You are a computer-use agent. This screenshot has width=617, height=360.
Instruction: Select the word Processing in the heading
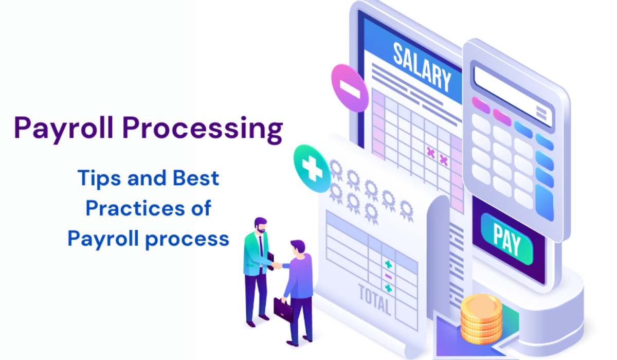click(203, 130)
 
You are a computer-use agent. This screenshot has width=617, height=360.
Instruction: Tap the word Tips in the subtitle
click(99, 179)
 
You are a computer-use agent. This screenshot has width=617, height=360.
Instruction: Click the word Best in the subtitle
click(196, 177)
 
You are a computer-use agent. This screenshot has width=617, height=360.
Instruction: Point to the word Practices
click(135, 208)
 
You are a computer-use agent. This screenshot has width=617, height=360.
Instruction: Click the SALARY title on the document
click(422, 67)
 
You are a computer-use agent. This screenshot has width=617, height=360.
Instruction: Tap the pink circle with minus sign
click(350, 88)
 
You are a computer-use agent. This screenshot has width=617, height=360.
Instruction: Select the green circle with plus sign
click(312, 168)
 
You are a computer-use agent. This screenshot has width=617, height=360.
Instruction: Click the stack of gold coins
click(481, 319)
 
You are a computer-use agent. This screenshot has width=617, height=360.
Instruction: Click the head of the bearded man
click(260, 225)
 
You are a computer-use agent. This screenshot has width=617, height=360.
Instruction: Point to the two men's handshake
click(277, 265)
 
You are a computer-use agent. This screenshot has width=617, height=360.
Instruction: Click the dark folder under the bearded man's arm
click(270, 260)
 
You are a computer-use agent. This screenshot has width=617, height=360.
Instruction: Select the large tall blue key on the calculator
click(545, 203)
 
